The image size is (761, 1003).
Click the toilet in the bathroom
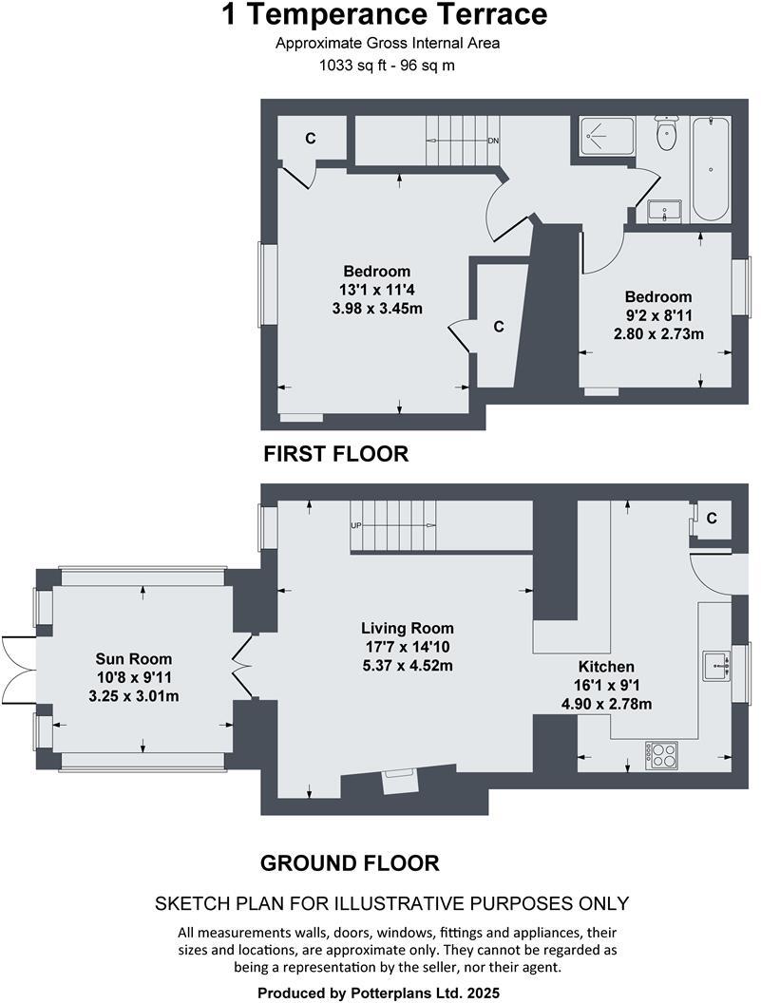[666, 134]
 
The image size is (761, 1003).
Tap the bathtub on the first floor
[711, 168]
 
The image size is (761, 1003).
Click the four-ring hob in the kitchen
[661, 755]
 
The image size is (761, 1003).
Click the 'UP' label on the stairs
[357, 525]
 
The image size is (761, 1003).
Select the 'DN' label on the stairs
[493, 142]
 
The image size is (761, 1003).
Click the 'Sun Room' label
[134, 658]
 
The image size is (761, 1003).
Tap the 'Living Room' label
[407, 628]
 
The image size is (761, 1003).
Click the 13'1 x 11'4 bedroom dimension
[377, 290]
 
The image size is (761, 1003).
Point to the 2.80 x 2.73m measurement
[658, 333]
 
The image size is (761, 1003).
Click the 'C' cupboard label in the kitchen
[713, 518]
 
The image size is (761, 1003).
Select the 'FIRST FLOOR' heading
[335, 455]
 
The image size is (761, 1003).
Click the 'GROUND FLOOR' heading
[350, 863]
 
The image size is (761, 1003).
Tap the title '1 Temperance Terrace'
[385, 15]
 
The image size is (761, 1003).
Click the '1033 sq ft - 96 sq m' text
[385, 66]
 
